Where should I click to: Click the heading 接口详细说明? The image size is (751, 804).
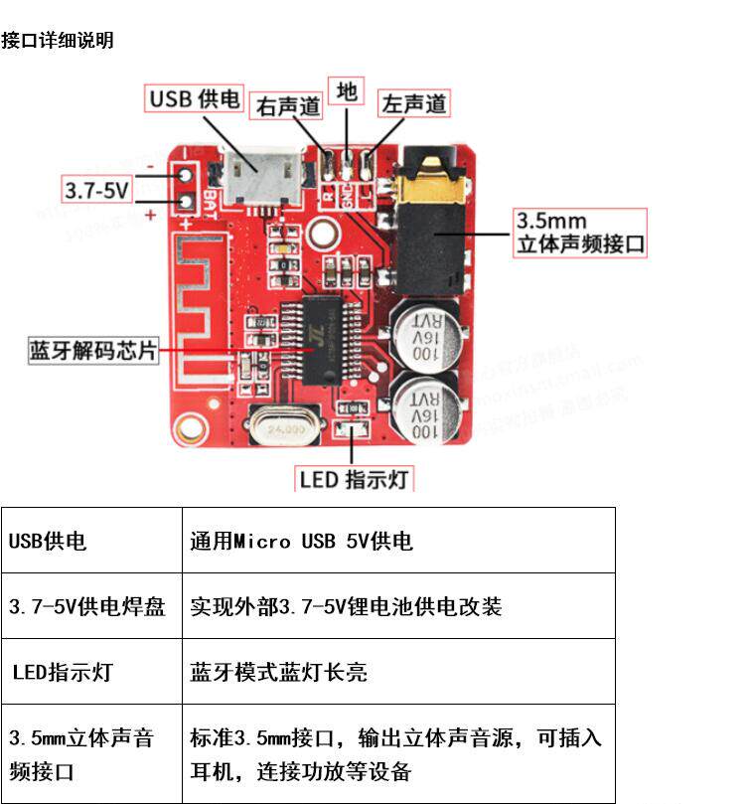58,40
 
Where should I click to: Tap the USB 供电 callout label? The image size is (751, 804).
196,98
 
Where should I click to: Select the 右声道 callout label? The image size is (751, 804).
288,105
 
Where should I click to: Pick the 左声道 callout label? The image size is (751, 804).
414,103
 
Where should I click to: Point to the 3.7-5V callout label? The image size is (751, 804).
97,190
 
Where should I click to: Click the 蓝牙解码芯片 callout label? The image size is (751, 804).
93,351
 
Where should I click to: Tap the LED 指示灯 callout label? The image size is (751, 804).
355,479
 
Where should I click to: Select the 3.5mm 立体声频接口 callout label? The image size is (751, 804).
579,233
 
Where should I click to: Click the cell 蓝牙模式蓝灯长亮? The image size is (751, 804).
278,672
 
